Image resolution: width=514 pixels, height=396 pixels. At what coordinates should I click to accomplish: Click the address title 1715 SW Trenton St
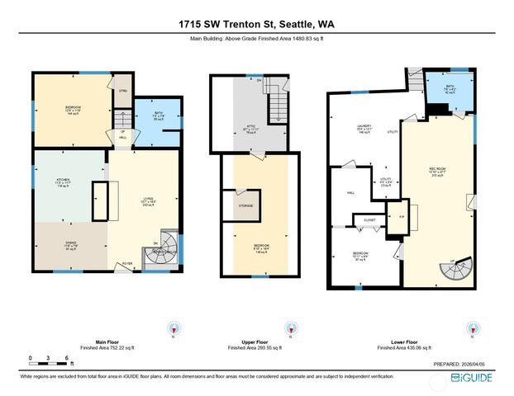256,24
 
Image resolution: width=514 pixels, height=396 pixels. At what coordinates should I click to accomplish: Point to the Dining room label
64,243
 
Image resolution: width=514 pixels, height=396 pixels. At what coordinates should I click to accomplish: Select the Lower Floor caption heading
399,342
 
